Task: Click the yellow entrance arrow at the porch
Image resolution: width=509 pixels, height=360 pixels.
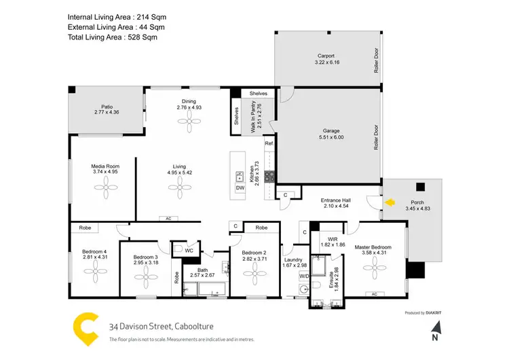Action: coord(389,202)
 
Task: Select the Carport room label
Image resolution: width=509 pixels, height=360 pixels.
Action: coord(327,56)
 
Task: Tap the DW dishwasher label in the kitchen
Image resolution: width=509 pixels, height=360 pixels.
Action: coord(240,187)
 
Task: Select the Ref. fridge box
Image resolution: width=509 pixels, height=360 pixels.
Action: coord(269,144)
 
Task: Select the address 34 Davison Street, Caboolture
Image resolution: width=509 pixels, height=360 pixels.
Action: coord(159,326)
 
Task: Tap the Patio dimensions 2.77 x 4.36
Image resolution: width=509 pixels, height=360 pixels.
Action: coord(107,113)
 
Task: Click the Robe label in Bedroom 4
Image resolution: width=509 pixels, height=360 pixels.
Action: coord(85,228)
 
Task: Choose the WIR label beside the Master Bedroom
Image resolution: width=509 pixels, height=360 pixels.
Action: coord(333,239)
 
